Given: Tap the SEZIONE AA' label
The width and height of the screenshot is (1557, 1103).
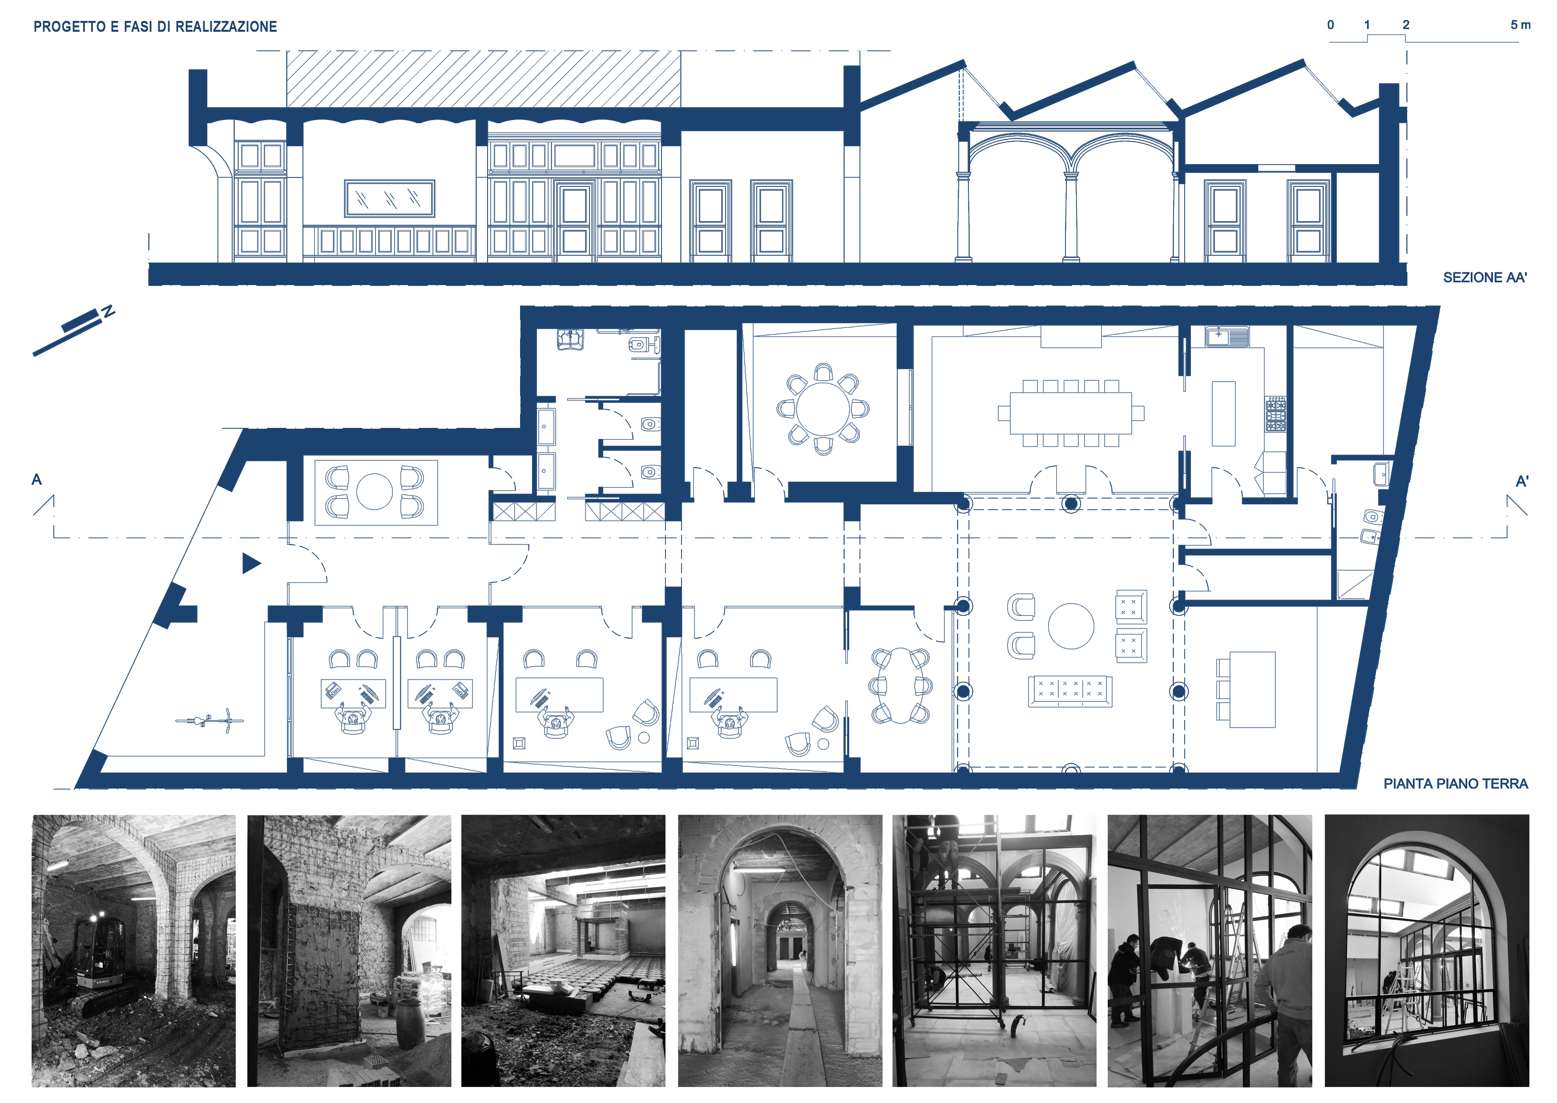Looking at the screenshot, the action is tap(1484, 277).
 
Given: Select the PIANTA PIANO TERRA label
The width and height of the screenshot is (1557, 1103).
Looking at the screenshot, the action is tap(1456, 784).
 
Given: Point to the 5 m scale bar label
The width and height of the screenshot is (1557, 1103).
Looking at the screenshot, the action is tap(1521, 25).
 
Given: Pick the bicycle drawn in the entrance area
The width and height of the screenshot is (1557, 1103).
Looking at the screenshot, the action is tap(209, 721).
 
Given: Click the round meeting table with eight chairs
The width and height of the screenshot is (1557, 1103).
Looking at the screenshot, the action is tap(823, 409).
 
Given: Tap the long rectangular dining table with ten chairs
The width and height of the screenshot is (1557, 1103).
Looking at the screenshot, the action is tap(1071, 413).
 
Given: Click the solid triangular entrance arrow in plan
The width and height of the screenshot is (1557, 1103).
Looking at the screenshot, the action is tap(250, 563).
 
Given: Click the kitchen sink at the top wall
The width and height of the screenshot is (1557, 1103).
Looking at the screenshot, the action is tap(1227, 337).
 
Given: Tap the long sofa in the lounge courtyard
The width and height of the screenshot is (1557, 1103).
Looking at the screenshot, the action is tap(1070, 692).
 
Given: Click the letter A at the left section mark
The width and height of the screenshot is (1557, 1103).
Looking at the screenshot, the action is tap(36, 479).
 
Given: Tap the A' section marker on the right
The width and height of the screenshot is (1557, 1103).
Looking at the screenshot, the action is tap(1522, 482).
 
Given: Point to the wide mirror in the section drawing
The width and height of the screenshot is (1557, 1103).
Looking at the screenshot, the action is tap(389, 198).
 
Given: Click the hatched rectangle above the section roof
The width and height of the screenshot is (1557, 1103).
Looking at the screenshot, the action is tap(483, 79).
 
